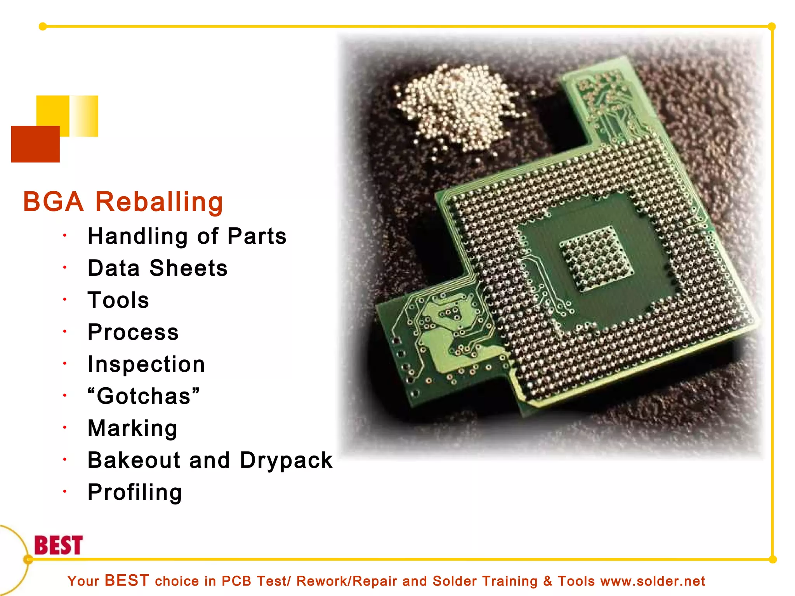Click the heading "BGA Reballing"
coord(123,202)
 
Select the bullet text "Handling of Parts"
coord(187,236)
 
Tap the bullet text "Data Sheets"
coord(158,268)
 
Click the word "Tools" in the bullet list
coord(118,300)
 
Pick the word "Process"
coord(133,332)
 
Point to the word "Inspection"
coord(146,364)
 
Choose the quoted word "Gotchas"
coord(144,396)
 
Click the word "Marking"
coord(132,428)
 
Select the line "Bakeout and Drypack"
coord(210,460)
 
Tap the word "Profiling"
coord(135,492)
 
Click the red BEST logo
coord(59,545)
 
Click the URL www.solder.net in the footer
coord(653,581)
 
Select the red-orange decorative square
coord(35,144)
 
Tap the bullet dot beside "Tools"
coord(65,299)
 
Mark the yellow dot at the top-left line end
coord(43,26)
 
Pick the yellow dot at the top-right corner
coord(772,26)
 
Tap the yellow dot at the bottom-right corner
coord(772,559)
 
